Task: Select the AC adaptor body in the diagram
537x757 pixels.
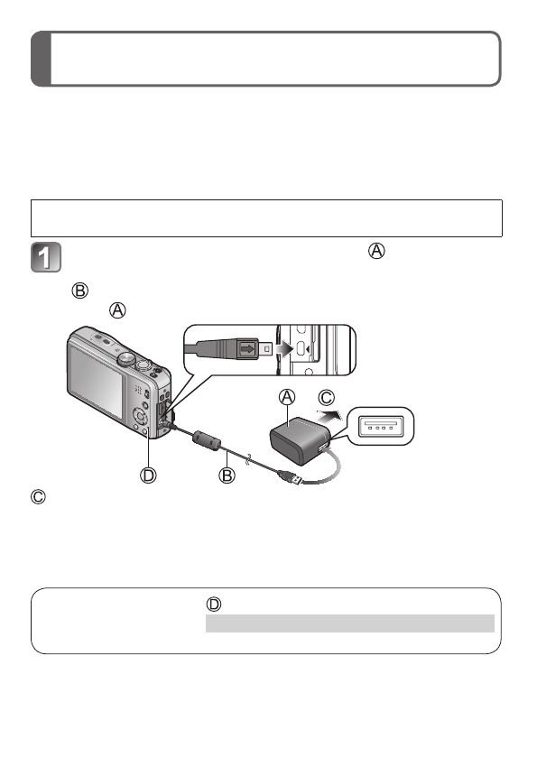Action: (x=294, y=436)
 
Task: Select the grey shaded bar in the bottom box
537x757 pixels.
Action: (x=349, y=623)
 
